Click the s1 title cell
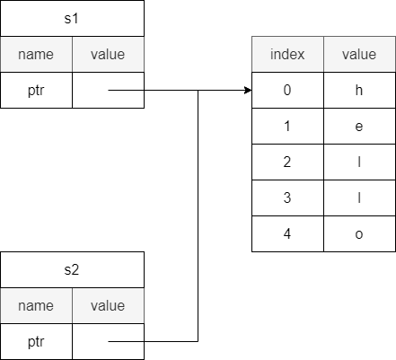click(x=72, y=19)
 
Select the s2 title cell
click(x=72, y=270)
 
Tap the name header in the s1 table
click(x=36, y=55)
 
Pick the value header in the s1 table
click(x=108, y=55)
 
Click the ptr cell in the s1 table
click(x=36, y=90)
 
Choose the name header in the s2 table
click(x=36, y=306)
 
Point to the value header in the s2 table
click(x=108, y=306)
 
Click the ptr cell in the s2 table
click(x=36, y=341)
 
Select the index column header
click(x=287, y=55)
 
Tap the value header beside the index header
click(x=359, y=55)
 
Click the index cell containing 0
click(x=287, y=90)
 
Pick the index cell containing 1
click(x=287, y=126)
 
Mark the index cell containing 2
click(x=287, y=162)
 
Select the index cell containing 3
click(x=287, y=198)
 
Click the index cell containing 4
click(x=287, y=233)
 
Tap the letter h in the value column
click(x=359, y=90)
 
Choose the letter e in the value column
click(x=359, y=127)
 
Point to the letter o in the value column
click(x=359, y=234)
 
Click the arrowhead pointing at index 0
click(x=248, y=90)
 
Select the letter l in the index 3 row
click(x=359, y=198)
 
